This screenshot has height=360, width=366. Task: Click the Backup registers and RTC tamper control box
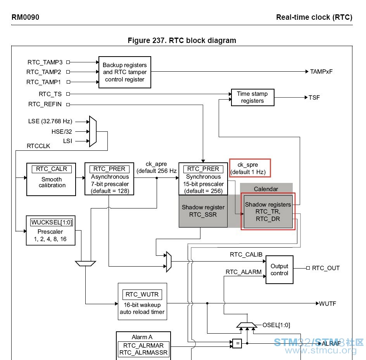pyautogui.click(x=124, y=72)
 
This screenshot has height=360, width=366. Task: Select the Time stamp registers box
pyautogui.click(x=252, y=97)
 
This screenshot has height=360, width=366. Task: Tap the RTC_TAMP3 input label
pyautogui.click(x=45, y=62)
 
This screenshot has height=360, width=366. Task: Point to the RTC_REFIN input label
pyautogui.click(x=45, y=104)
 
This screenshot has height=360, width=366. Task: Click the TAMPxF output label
pyautogui.click(x=321, y=72)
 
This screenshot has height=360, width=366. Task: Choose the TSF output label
pyautogui.click(x=314, y=98)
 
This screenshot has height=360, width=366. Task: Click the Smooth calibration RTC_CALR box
pyautogui.click(x=51, y=179)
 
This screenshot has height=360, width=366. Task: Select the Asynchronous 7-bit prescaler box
pyautogui.click(x=109, y=179)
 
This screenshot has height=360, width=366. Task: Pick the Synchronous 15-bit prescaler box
pyautogui.click(x=203, y=179)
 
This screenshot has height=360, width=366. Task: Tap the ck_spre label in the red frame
pyautogui.click(x=248, y=165)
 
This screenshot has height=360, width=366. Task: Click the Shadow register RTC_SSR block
pyautogui.click(x=203, y=211)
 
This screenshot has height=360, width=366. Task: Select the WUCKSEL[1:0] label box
pyautogui.click(x=52, y=222)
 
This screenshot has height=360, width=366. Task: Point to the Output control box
pyautogui.click(x=280, y=270)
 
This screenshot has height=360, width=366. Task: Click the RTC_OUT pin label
pyautogui.click(x=326, y=268)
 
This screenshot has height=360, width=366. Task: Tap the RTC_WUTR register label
pyautogui.click(x=142, y=295)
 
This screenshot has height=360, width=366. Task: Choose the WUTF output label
pyautogui.click(x=328, y=303)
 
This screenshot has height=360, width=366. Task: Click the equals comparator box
pyautogui.click(x=237, y=343)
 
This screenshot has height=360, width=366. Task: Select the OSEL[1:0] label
pyautogui.click(x=276, y=325)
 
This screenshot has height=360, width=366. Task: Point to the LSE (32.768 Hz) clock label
pyautogui.click(x=50, y=121)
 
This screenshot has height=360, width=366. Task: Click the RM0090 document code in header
pyautogui.click(x=26, y=17)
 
